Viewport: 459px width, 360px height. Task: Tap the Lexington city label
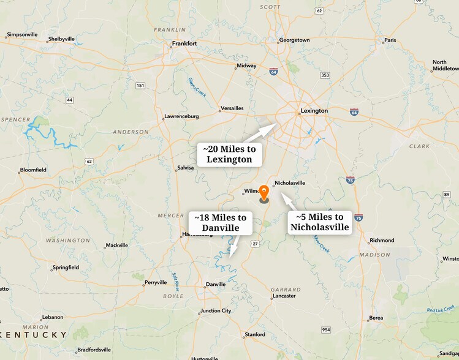(314, 111)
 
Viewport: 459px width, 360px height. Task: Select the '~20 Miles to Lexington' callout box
(229, 154)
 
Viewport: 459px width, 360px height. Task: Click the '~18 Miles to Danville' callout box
(221, 222)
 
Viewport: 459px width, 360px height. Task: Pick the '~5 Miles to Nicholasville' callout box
(320, 222)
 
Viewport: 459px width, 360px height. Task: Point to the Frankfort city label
(184, 43)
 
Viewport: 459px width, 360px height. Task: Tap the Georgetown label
(294, 40)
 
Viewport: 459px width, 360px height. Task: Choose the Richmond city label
(382, 240)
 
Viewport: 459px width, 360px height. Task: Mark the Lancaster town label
(284, 296)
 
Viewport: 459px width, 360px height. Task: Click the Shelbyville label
(61, 39)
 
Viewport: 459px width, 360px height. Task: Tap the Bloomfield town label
(33, 170)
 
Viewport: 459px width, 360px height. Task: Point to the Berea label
(376, 318)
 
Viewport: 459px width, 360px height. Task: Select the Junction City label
(216, 310)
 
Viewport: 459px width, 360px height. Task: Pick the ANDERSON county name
(131, 132)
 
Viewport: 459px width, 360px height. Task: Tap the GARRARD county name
(286, 289)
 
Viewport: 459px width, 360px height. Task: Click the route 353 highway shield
(325, 75)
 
